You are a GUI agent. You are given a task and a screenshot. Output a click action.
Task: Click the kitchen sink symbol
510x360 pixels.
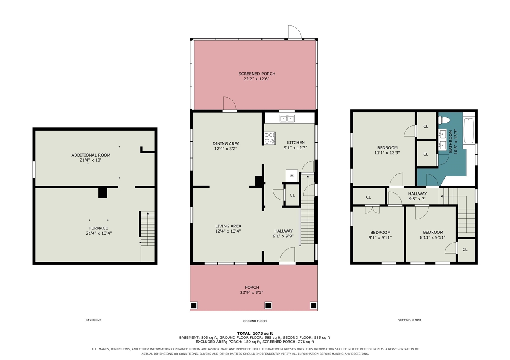[x=287, y=119]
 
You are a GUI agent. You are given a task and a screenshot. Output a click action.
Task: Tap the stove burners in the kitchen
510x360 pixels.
[x=270, y=138]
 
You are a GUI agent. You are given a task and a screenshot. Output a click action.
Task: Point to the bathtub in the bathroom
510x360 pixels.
[x=469, y=130]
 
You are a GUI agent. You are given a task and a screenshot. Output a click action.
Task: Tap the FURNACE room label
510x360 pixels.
[x=98, y=228]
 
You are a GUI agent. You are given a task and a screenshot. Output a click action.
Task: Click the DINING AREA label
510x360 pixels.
[x=226, y=144]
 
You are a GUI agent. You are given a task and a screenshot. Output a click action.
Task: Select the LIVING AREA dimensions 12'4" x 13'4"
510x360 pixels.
[x=228, y=231]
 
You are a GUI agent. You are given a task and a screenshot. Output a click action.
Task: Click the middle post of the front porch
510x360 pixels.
[x=268, y=305]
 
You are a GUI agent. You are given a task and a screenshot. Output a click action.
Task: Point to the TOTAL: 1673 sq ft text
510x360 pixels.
[x=255, y=333]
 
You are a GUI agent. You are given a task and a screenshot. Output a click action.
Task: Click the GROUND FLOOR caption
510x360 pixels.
[x=255, y=321]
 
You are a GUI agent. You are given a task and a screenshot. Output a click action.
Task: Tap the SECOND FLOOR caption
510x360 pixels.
[x=410, y=320]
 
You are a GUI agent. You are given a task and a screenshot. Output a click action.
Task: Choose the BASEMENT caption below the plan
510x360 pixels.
[x=93, y=320]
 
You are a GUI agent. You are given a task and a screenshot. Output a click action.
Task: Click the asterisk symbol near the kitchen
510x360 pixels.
[x=292, y=176]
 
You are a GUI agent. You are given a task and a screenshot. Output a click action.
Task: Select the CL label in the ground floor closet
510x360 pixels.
[x=292, y=195]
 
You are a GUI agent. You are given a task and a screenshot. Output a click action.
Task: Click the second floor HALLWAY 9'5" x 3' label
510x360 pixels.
[x=417, y=196]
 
